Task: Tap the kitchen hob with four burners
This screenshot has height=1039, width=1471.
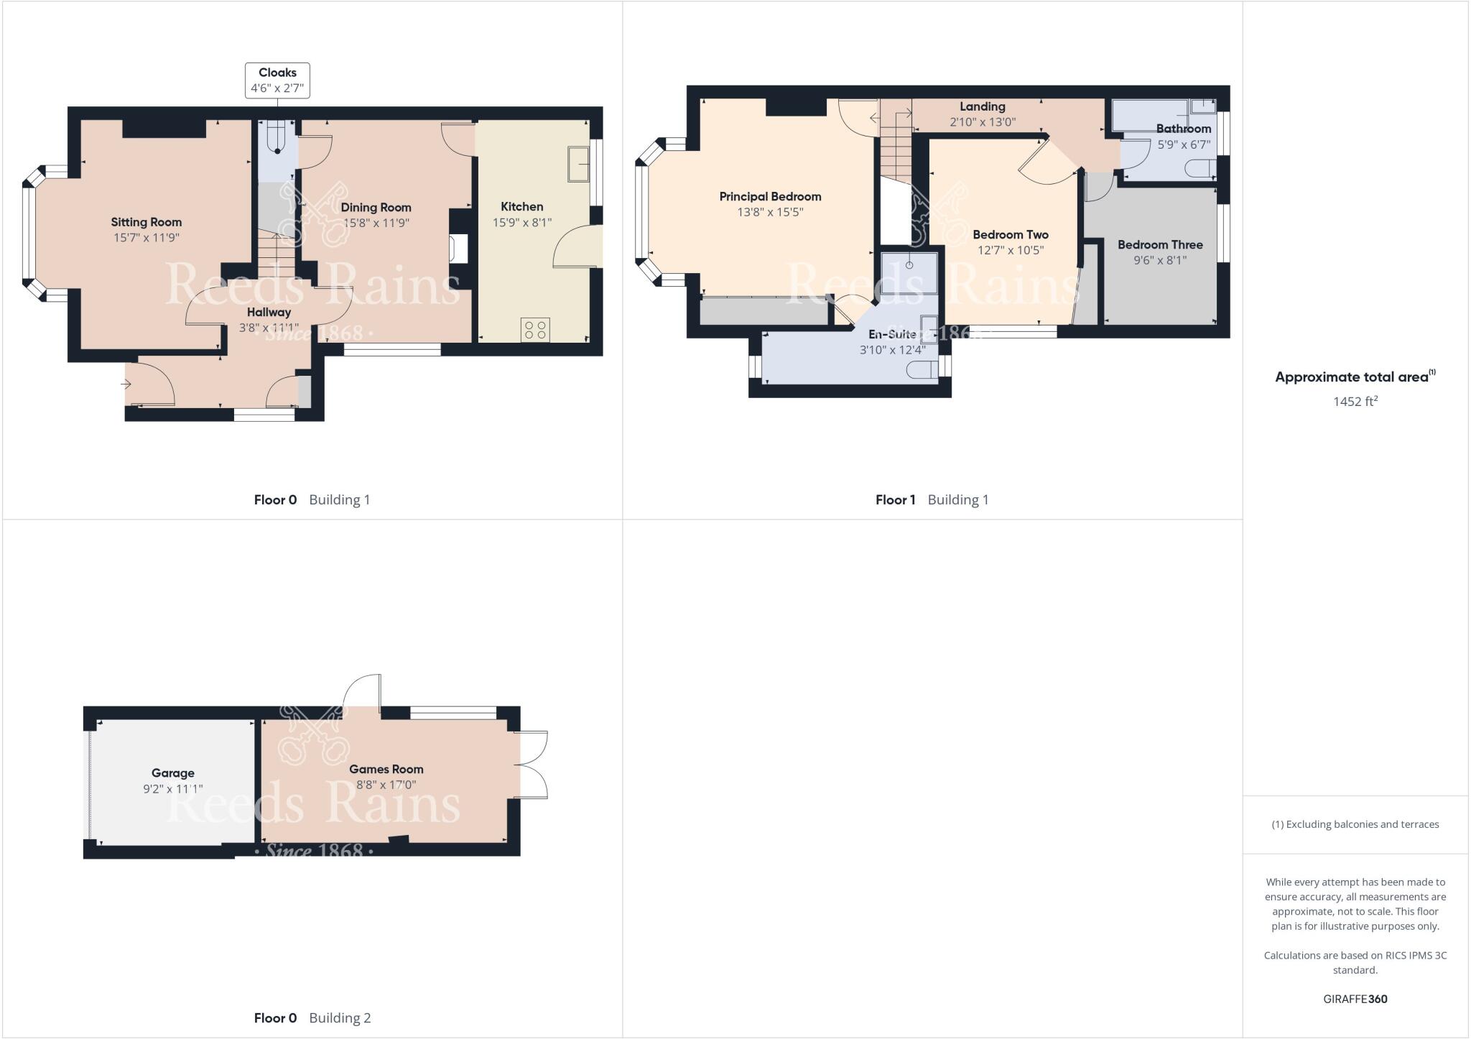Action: [x=535, y=330]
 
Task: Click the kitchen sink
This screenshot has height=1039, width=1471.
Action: [x=578, y=164]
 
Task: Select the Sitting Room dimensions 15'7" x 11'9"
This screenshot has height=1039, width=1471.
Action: [x=147, y=238]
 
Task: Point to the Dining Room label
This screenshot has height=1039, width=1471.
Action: [x=376, y=208]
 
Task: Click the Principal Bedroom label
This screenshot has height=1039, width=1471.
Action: [x=770, y=197]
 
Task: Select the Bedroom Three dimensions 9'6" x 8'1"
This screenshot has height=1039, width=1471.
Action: [x=1160, y=261]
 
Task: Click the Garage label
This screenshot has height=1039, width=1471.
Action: [x=172, y=773]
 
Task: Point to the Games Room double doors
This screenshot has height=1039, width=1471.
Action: [x=532, y=765]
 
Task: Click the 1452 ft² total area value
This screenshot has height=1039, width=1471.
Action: [x=1355, y=402]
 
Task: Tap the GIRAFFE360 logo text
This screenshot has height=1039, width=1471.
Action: [x=1355, y=999]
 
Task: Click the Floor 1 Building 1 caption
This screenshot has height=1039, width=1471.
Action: [x=932, y=500]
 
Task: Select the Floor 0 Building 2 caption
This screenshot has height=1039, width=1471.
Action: [x=312, y=1018]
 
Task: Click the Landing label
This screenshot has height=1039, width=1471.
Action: [x=982, y=106]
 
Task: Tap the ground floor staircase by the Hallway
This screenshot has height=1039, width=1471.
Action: [x=277, y=255]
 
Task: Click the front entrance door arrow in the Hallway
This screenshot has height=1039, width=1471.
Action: [x=126, y=384]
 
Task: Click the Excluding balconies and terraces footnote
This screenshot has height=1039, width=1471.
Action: [x=1355, y=824]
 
